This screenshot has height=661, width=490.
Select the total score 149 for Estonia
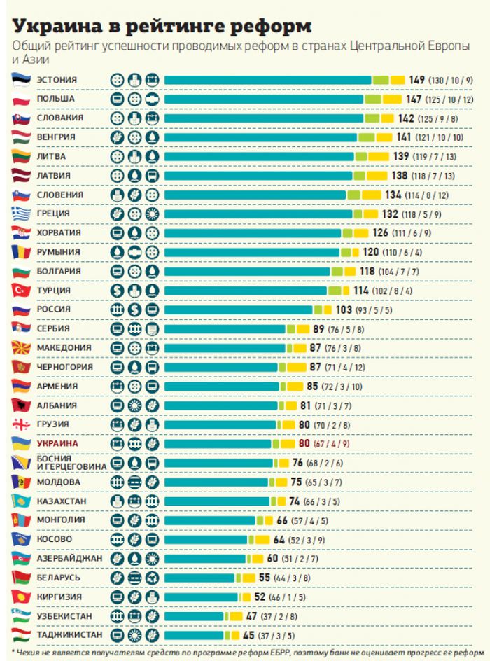tap(417, 80)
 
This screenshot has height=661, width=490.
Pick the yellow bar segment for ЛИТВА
tap(378, 156)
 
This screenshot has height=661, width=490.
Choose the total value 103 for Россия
tap(344, 309)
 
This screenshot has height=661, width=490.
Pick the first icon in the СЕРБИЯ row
tap(118, 328)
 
